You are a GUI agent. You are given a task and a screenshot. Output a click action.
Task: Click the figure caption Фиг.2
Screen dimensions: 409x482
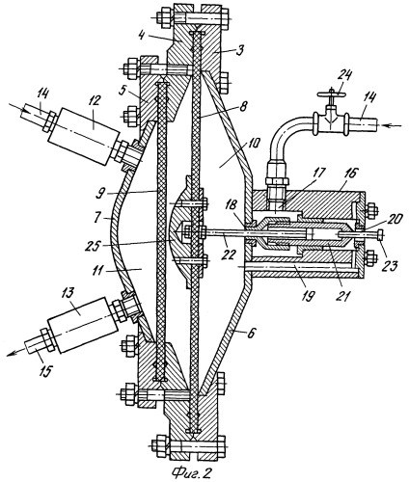pyautogui.click(x=192, y=472)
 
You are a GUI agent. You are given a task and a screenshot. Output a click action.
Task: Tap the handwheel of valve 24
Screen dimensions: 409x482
pyautogui.click(x=331, y=94)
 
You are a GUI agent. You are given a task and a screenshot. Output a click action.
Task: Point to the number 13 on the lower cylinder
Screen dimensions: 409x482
pyautogui.click(x=76, y=310)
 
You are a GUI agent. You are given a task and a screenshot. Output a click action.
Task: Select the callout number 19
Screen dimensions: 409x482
pyautogui.click(x=308, y=296)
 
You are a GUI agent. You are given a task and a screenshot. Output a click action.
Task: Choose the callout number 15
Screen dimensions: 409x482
pyautogui.click(x=45, y=371)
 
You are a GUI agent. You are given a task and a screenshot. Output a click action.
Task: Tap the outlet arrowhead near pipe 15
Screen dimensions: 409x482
pyautogui.click(x=12, y=354)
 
